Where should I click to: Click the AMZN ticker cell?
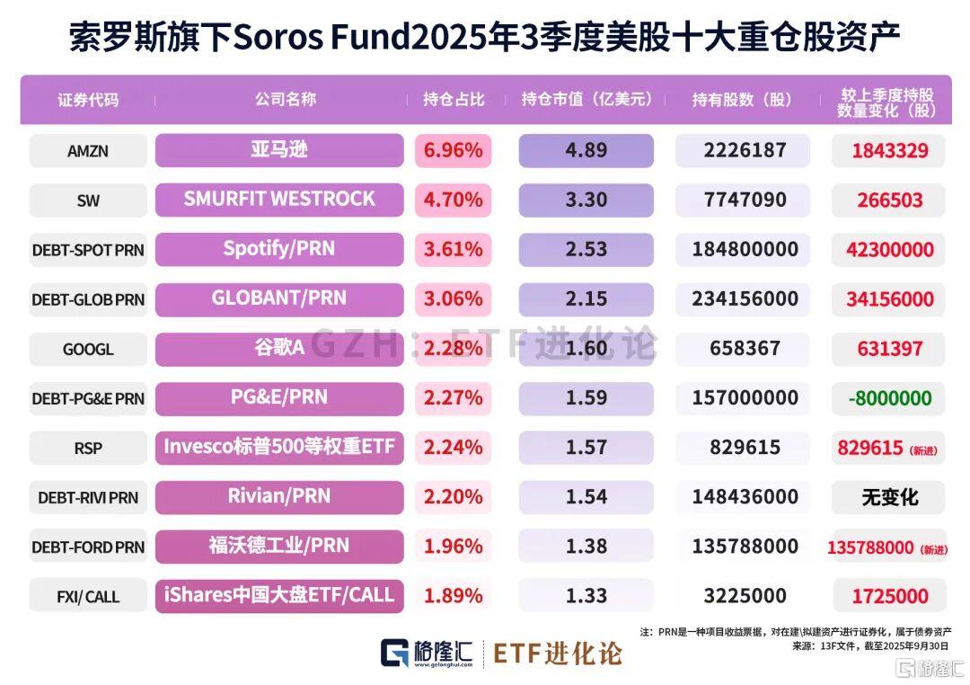click(x=87, y=151)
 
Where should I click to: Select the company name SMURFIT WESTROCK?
click(x=279, y=200)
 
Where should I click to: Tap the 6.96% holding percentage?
click(x=453, y=150)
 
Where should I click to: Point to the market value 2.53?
click(x=586, y=249)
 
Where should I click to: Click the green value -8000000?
click(x=890, y=397)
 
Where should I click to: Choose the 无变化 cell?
click(x=890, y=496)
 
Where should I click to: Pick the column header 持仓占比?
click(x=454, y=100)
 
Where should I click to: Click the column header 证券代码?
click(x=87, y=100)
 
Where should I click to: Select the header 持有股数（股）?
click(x=742, y=100)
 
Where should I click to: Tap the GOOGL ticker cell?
click(x=87, y=349)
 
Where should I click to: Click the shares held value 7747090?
click(x=742, y=200)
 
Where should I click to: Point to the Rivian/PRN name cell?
click(x=279, y=496)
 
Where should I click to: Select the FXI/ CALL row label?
click(x=87, y=596)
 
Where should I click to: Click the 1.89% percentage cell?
click(x=453, y=596)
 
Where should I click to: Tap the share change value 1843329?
click(x=890, y=150)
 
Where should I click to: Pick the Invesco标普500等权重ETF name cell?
click(x=279, y=447)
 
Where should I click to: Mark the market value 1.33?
click(x=586, y=596)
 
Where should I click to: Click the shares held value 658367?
click(x=742, y=348)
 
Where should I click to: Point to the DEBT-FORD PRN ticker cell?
click(x=87, y=547)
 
